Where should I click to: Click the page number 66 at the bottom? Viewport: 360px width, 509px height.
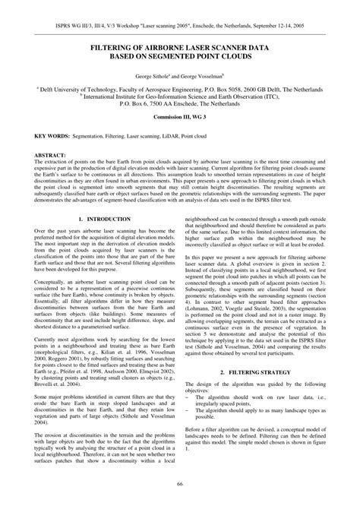[x=180, y=484]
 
